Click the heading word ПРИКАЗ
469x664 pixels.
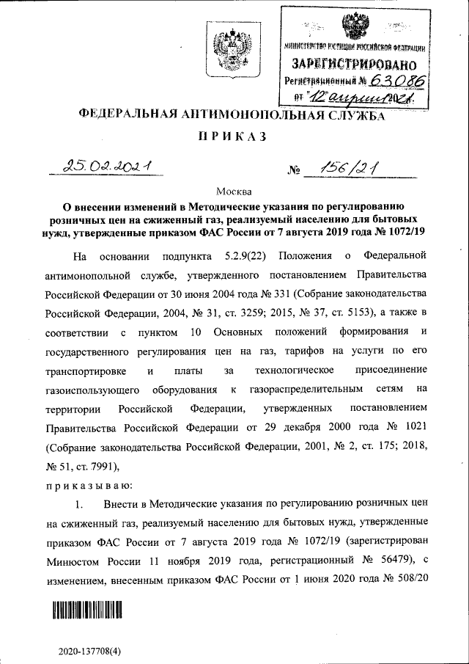tap(234, 137)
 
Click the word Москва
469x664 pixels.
tap(234, 191)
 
